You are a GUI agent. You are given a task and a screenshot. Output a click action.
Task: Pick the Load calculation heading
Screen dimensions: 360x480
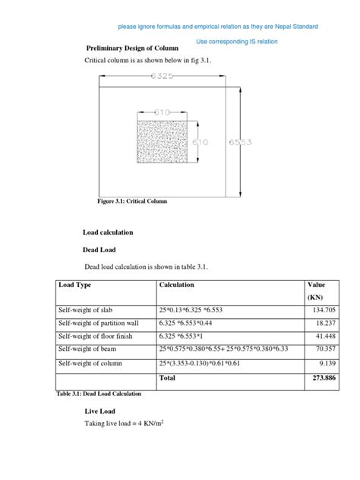(108, 232)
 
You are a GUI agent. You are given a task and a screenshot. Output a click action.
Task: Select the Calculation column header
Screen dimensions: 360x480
(176, 285)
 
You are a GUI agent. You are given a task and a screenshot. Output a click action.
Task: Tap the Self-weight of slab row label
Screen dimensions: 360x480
(90, 311)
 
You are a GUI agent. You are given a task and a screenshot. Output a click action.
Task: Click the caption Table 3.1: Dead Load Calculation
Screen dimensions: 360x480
(99, 393)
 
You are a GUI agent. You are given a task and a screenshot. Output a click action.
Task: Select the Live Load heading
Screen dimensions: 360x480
(102, 411)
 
